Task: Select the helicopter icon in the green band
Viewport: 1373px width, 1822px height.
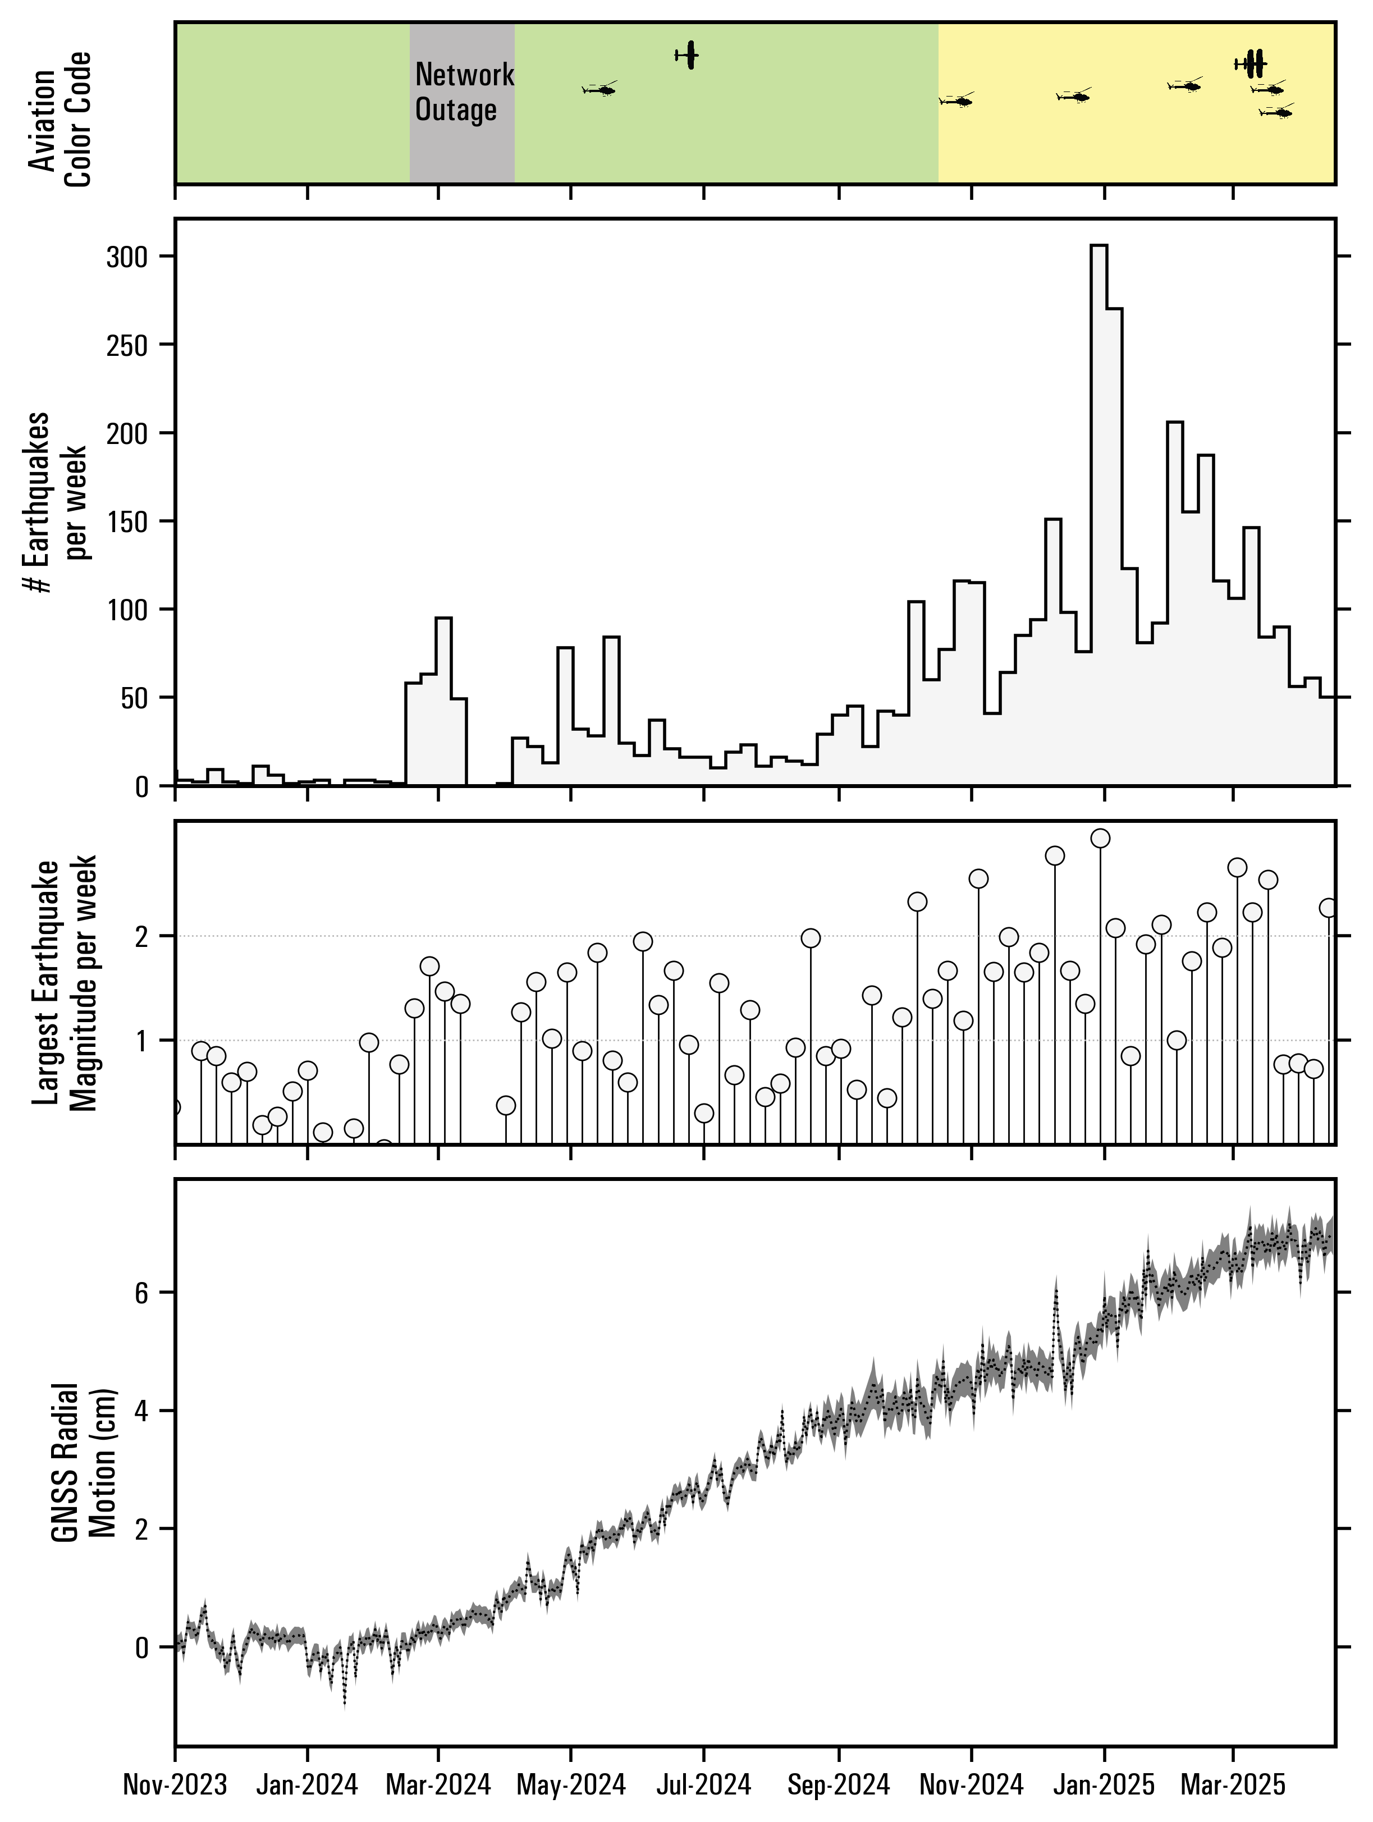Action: point(599,89)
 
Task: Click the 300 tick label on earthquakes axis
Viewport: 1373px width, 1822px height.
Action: point(127,257)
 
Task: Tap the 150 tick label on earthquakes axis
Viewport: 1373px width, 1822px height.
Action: point(127,521)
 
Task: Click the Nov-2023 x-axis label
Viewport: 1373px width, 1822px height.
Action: point(175,1786)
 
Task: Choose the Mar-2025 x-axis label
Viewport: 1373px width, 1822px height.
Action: point(1233,1786)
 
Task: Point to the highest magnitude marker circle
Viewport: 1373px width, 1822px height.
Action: point(1100,839)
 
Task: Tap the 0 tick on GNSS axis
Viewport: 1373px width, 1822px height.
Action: point(141,1646)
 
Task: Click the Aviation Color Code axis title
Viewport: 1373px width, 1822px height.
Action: point(60,120)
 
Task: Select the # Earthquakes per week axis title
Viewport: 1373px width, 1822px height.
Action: point(58,502)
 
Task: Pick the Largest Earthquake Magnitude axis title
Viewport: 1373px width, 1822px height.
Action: point(66,985)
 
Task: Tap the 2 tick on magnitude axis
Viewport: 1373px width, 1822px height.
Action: point(141,936)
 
